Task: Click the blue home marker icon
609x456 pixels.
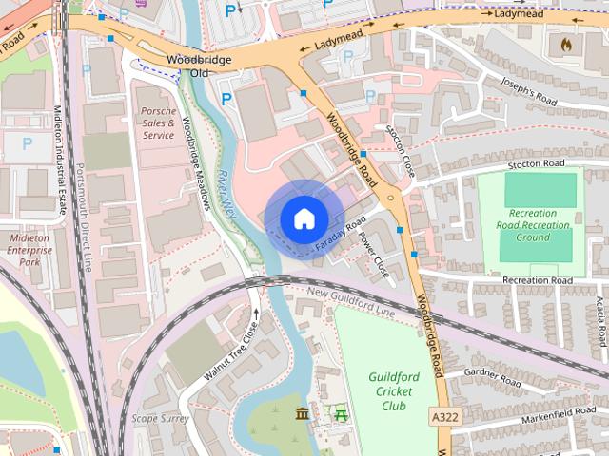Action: point(303,218)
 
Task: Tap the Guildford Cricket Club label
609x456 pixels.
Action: point(392,390)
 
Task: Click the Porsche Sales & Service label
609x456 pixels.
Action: point(158,123)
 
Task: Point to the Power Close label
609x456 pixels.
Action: point(374,254)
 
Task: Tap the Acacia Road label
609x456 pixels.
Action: point(600,320)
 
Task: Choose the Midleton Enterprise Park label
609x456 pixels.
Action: point(30,249)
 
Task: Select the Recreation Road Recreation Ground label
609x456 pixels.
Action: point(540,225)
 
